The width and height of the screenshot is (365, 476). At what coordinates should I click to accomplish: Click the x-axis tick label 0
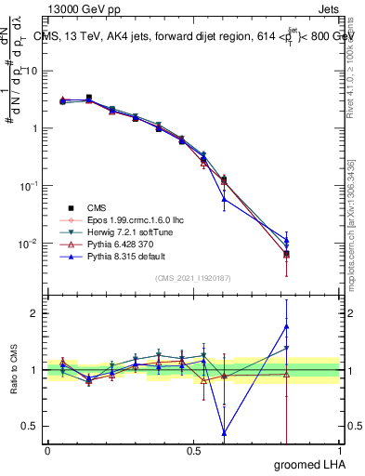47,449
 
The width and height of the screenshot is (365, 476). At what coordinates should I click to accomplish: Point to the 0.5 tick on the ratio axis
28,426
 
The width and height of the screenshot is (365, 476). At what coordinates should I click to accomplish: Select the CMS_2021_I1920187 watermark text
193,278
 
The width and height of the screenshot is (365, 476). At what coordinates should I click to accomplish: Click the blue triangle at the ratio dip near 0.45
224,432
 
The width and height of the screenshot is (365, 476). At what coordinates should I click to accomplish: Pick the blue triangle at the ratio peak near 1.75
286,326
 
